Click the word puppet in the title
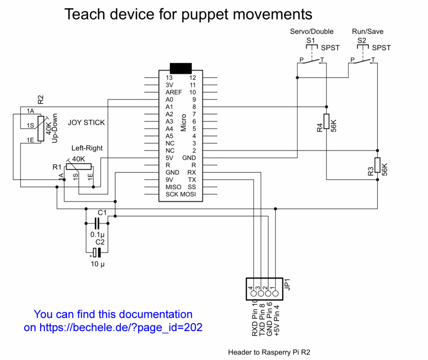click(204, 15)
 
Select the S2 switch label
click(362, 41)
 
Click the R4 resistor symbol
click(326, 122)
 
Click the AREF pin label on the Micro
click(174, 92)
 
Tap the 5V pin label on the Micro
click(170, 158)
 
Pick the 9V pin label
click(170, 180)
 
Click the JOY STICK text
click(86, 123)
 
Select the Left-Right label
click(87, 148)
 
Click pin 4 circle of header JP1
click(254, 294)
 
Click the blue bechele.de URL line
click(113, 327)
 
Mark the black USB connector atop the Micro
click(181, 68)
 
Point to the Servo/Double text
click(312, 31)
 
